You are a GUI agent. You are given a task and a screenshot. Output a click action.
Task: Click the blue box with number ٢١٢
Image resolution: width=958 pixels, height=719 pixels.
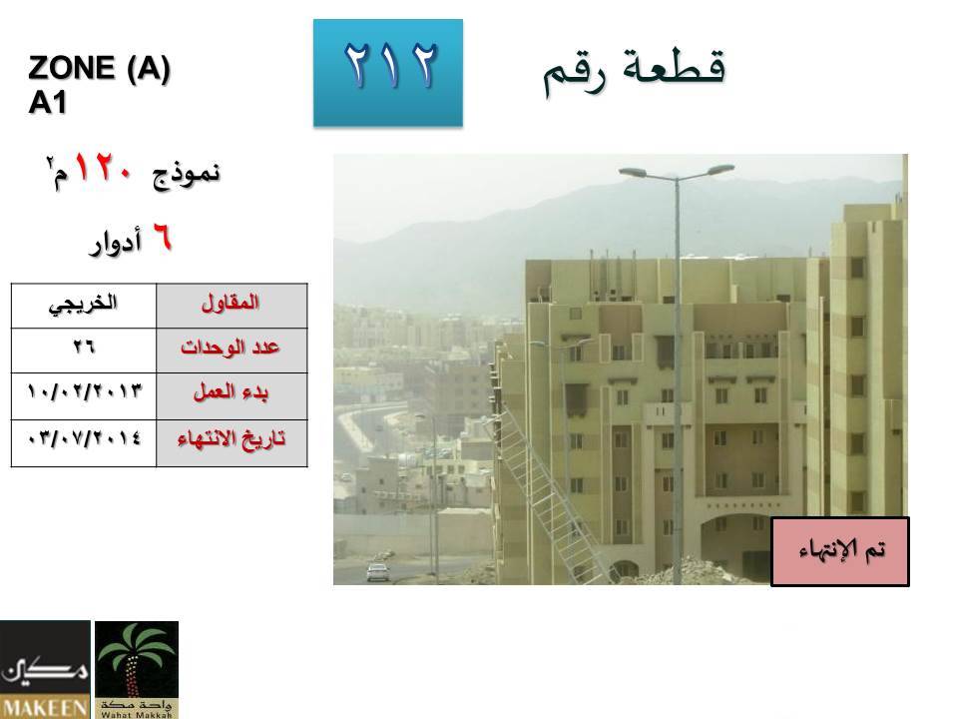coord(388,73)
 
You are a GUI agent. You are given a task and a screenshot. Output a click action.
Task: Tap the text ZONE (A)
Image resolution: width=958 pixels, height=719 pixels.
coord(99,68)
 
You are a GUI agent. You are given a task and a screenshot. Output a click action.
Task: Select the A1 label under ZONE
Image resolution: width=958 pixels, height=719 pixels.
coord(47,103)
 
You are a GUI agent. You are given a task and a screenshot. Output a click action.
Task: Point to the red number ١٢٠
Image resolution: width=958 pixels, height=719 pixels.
coord(103,168)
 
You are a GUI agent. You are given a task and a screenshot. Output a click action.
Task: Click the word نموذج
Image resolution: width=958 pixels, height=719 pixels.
coord(187,174)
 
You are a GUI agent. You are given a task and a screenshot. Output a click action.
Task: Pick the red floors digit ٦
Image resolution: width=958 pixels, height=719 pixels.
coord(162,238)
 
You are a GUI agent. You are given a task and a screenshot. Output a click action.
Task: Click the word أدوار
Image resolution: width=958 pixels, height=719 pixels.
coord(116,242)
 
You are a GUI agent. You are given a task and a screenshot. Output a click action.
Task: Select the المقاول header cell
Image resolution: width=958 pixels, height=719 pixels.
coord(232,306)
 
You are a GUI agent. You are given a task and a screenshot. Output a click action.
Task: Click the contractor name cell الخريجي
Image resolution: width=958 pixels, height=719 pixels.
coord(84,306)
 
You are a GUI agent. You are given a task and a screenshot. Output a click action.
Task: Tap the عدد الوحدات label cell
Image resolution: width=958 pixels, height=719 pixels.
coord(232,351)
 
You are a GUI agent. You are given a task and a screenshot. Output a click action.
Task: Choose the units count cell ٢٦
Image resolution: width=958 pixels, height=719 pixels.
coord(84,351)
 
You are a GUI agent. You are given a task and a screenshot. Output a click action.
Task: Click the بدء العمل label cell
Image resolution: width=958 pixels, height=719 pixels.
coord(232,396)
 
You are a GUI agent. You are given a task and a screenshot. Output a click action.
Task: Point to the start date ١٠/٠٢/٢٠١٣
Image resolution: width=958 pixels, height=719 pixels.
coord(84,391)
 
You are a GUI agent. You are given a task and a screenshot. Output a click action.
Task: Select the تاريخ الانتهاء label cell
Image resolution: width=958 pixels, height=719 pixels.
coord(232,443)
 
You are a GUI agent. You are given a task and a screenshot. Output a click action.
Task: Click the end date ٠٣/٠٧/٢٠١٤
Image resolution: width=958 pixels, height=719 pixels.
coord(84,438)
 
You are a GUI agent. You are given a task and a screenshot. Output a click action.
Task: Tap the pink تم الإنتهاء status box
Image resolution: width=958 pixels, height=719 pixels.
coord(840,551)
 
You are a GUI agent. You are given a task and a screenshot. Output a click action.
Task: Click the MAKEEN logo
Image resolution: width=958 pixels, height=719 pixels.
coord(45,669)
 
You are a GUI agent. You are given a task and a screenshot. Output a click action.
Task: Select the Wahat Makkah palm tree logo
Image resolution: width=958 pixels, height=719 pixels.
coord(137,669)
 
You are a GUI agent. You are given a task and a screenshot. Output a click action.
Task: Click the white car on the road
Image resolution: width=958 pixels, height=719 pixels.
coord(377,571)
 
